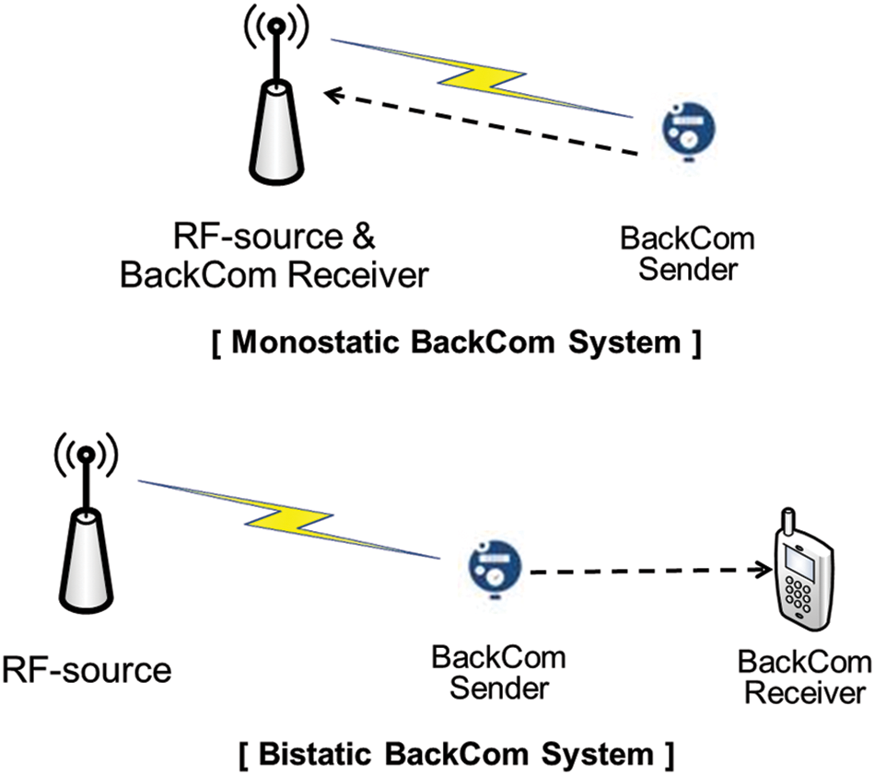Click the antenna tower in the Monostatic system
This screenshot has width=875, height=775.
point(274,129)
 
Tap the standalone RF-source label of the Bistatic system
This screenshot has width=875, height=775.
point(86,670)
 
